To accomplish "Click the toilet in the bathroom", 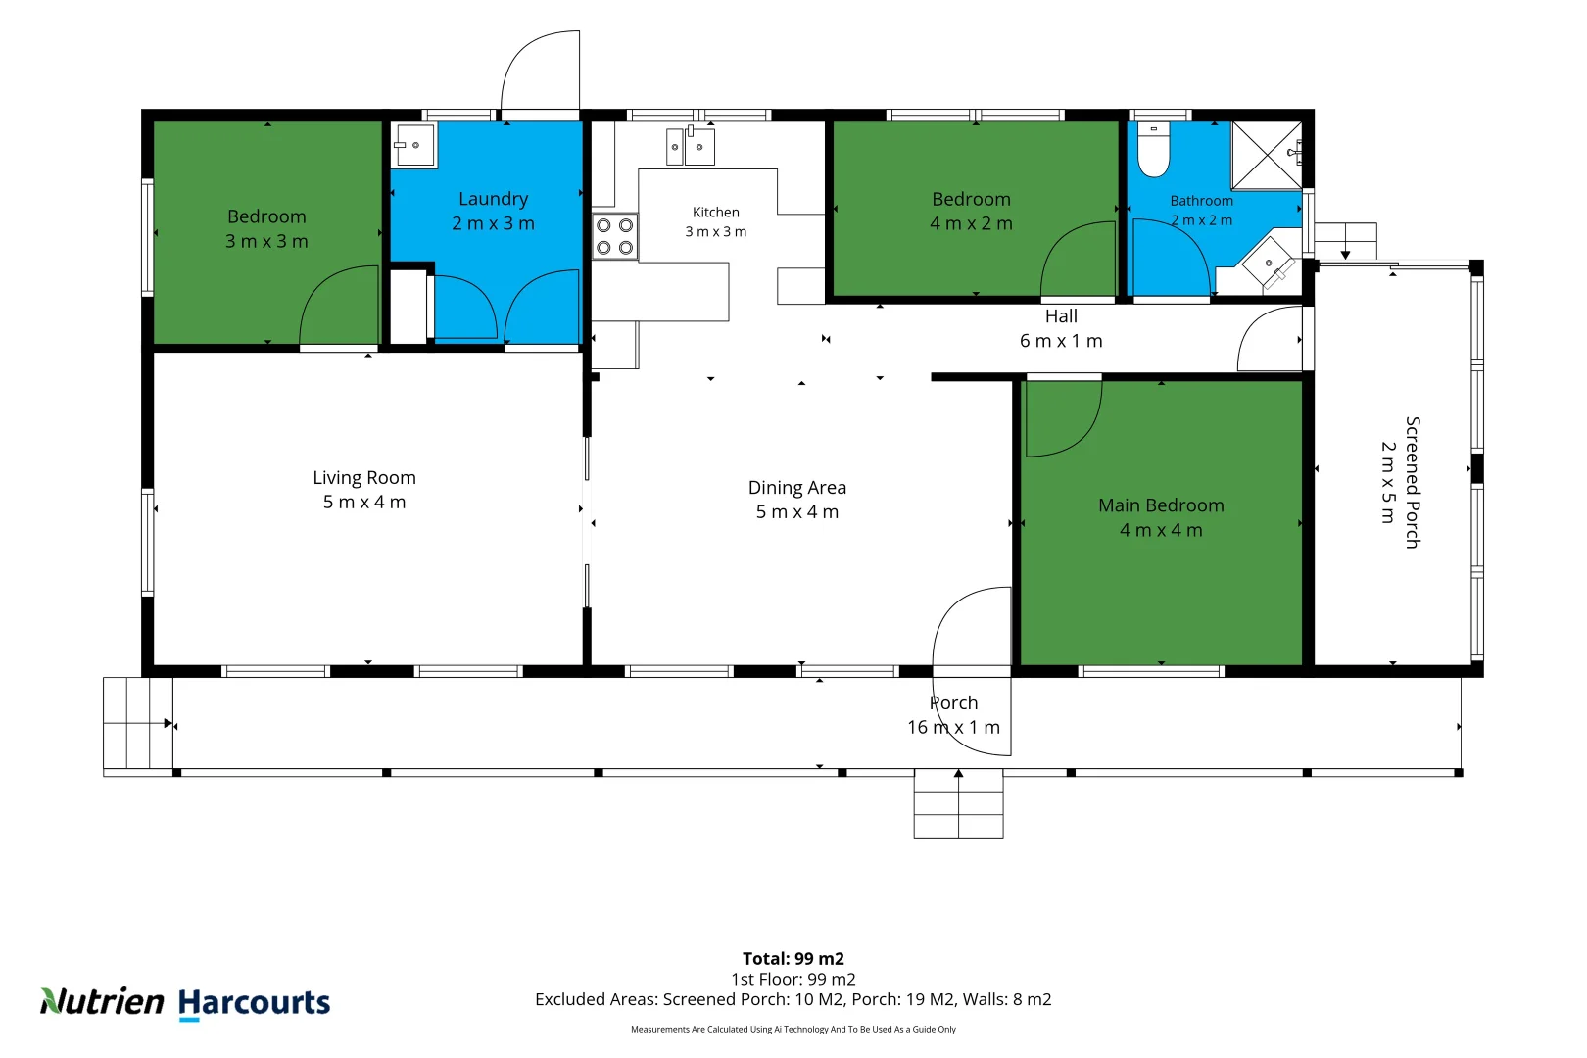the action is tap(1153, 150).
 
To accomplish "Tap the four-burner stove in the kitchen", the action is tap(614, 236).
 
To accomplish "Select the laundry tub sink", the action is tap(413, 145).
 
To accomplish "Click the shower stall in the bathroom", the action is tap(1267, 155).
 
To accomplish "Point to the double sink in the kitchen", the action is tap(690, 147).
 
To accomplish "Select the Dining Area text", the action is tap(797, 488).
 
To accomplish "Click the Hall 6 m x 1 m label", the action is tap(1061, 328).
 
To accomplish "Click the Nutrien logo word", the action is tap(102, 1002).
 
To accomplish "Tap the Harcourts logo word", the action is tap(254, 1003).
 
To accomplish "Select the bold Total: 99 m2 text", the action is tap(793, 959).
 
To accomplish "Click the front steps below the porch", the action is tap(959, 804).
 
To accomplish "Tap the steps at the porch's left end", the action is tap(138, 723).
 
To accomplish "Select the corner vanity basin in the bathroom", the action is tap(1268, 263).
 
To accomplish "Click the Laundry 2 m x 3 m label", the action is tap(493, 212).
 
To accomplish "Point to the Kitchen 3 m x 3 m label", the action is tap(715, 221).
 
